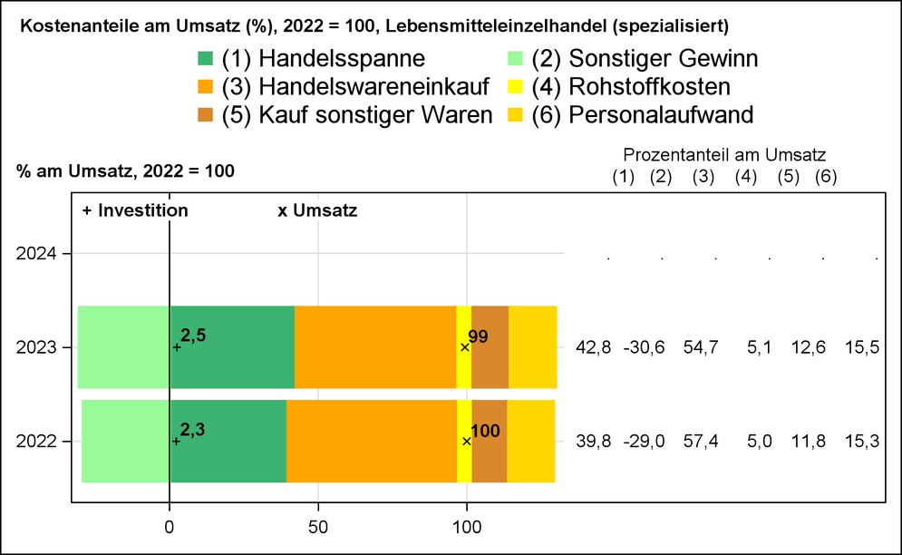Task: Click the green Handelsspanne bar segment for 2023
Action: (x=232, y=347)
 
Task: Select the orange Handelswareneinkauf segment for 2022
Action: (x=371, y=442)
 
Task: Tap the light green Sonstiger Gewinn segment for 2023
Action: (x=123, y=347)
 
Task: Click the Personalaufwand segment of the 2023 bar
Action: (x=532, y=347)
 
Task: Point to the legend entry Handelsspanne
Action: (x=323, y=60)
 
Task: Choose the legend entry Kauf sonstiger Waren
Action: (x=356, y=115)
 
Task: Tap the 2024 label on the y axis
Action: (x=37, y=253)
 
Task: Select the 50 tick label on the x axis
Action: (x=318, y=526)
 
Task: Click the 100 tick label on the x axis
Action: (x=467, y=526)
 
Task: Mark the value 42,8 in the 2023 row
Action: (x=594, y=347)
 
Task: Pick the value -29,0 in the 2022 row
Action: (x=644, y=442)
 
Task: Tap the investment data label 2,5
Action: (x=193, y=336)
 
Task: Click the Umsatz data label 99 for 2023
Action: (x=478, y=336)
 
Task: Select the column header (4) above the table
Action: (x=746, y=177)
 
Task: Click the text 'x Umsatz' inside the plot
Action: (x=317, y=211)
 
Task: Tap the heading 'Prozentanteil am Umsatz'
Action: (x=724, y=155)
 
